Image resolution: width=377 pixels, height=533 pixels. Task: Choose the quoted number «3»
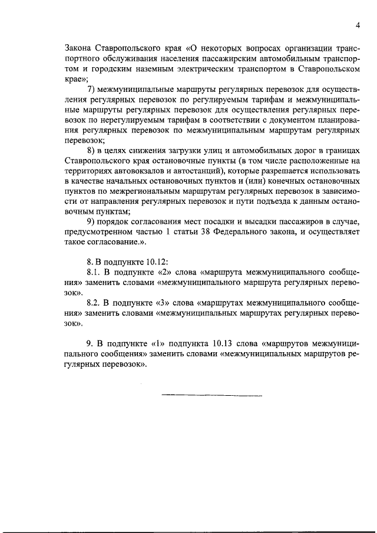click(x=160, y=303)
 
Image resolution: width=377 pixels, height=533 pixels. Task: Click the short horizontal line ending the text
click(x=211, y=394)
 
